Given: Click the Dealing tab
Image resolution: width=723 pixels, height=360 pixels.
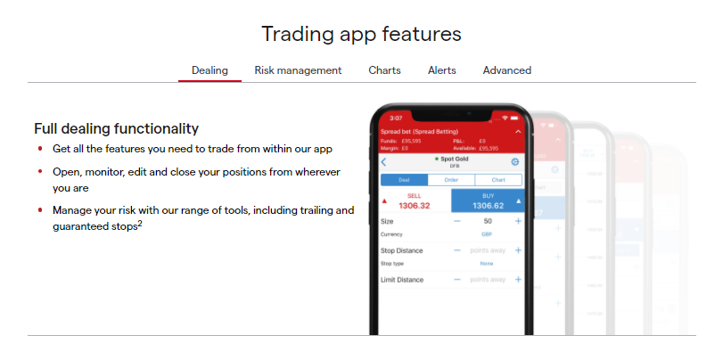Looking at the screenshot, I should click(x=210, y=70).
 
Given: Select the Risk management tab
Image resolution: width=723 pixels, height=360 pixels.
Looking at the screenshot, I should click(x=298, y=70).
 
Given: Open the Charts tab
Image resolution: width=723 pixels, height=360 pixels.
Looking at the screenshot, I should click(x=384, y=70).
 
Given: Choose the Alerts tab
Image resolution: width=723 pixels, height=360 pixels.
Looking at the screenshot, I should click(x=441, y=70).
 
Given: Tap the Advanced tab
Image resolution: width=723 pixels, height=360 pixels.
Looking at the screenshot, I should click(x=506, y=70).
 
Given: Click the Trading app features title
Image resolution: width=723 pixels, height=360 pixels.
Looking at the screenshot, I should click(x=361, y=34).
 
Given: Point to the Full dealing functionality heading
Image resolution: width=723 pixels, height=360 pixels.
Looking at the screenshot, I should click(x=116, y=128).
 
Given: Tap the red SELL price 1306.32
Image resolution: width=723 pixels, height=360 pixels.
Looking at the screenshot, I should click(x=413, y=205).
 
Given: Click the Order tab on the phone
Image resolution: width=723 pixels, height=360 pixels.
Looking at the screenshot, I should click(x=451, y=179).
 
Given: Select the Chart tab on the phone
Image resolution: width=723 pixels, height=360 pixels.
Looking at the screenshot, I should click(x=497, y=179).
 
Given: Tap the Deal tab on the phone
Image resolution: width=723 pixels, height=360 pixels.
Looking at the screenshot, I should click(x=404, y=179).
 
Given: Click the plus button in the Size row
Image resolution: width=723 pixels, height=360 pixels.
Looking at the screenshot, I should click(x=518, y=220).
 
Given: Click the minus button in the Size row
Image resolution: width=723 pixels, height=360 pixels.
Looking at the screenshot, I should click(x=457, y=220).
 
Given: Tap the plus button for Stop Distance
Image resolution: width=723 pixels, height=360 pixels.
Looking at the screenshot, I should click(x=518, y=250).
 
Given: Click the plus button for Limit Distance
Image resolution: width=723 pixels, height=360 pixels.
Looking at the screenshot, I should click(x=518, y=280).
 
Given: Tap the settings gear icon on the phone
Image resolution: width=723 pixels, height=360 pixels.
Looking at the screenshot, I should click(x=514, y=161).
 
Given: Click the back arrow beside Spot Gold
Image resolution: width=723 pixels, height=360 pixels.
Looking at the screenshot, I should click(x=384, y=161).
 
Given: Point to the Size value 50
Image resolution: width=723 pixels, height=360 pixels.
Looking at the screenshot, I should click(x=488, y=220).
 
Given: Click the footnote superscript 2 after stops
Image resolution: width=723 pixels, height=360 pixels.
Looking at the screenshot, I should click(x=140, y=224).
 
